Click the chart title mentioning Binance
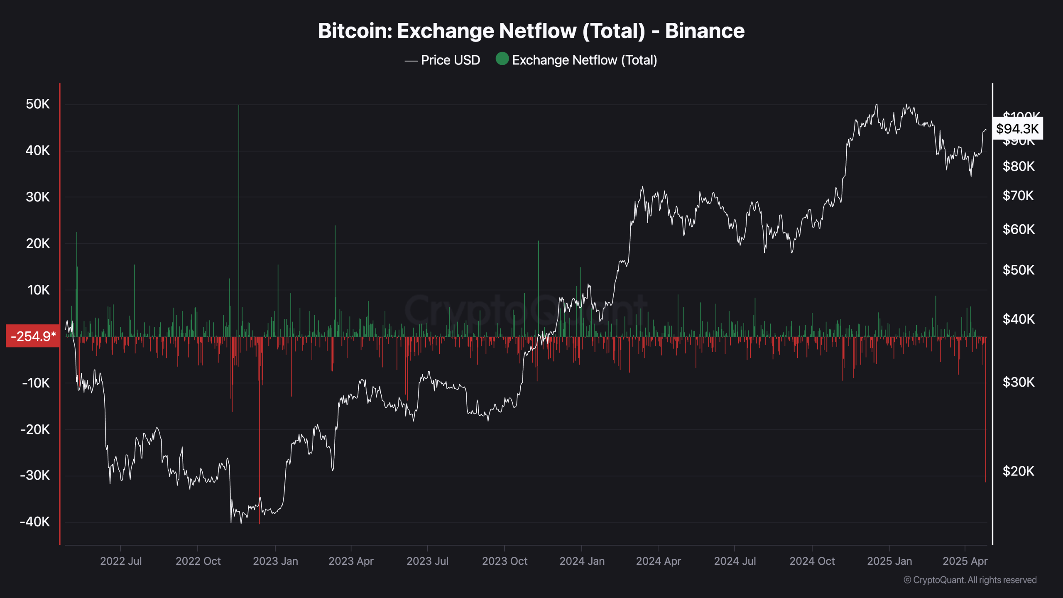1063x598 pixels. tap(531, 31)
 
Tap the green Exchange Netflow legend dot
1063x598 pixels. tap(502, 59)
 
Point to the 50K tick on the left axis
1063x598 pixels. tap(37, 104)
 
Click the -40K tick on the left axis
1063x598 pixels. tap(35, 522)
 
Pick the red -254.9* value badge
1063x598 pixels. tap(33, 336)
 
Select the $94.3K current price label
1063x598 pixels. tap(1017, 129)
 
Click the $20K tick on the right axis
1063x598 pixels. tap(1018, 471)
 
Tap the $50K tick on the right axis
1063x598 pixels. tap(1018, 270)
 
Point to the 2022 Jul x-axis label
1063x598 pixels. tap(121, 561)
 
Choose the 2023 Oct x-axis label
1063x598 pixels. tap(505, 561)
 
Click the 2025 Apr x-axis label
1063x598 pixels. tap(965, 561)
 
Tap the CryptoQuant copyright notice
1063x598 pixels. tap(970, 580)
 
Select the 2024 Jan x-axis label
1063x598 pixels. tap(582, 561)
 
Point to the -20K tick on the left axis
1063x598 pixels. tap(35, 429)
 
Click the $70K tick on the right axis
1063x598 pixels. tap(1018, 196)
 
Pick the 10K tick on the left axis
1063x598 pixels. tap(38, 290)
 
